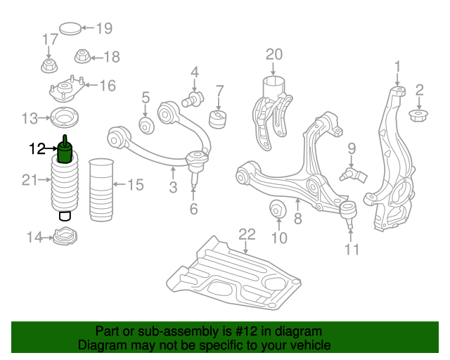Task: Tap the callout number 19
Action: (104, 29)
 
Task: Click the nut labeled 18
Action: (82, 56)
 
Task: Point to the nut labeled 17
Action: (49, 66)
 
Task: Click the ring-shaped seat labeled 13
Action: (64, 117)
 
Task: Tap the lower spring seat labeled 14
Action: (65, 237)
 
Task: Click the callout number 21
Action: (29, 181)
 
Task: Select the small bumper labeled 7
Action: (219, 117)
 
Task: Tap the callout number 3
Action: (173, 188)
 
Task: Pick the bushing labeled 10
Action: (278, 210)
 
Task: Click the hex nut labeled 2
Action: (420, 114)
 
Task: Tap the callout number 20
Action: (274, 55)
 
